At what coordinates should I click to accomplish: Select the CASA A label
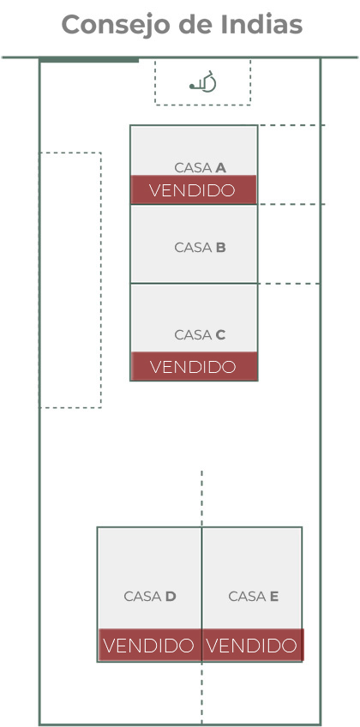point(201,168)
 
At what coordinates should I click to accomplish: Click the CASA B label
point(201,248)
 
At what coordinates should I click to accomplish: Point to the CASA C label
point(201,334)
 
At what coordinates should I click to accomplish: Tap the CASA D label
point(150,596)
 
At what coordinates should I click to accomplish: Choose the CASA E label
point(254,596)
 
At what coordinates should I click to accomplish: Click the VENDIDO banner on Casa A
point(193,189)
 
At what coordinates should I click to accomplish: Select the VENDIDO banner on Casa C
point(194,366)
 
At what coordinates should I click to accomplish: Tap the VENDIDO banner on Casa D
point(150,645)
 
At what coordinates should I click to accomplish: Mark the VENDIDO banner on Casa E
point(253,645)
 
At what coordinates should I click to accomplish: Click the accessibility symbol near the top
point(203,81)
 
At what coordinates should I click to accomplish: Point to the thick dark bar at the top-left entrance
point(89,60)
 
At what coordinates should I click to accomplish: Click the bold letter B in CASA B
point(221,248)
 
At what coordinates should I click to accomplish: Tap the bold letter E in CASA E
point(274,596)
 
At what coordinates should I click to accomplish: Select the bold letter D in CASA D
point(171,596)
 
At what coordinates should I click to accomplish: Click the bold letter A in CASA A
point(221,168)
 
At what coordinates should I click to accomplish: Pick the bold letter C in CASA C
point(220,334)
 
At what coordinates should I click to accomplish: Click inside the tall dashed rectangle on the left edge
point(70,280)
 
